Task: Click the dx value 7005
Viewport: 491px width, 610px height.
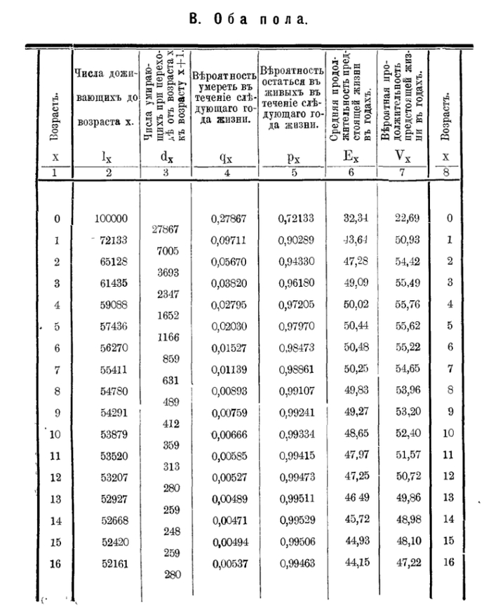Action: (166, 251)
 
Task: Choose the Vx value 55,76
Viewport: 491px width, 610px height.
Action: (405, 305)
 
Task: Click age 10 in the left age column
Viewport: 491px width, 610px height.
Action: (56, 434)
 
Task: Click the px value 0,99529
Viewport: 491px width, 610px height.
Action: (295, 520)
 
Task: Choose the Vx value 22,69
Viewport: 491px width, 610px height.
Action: (405, 218)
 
